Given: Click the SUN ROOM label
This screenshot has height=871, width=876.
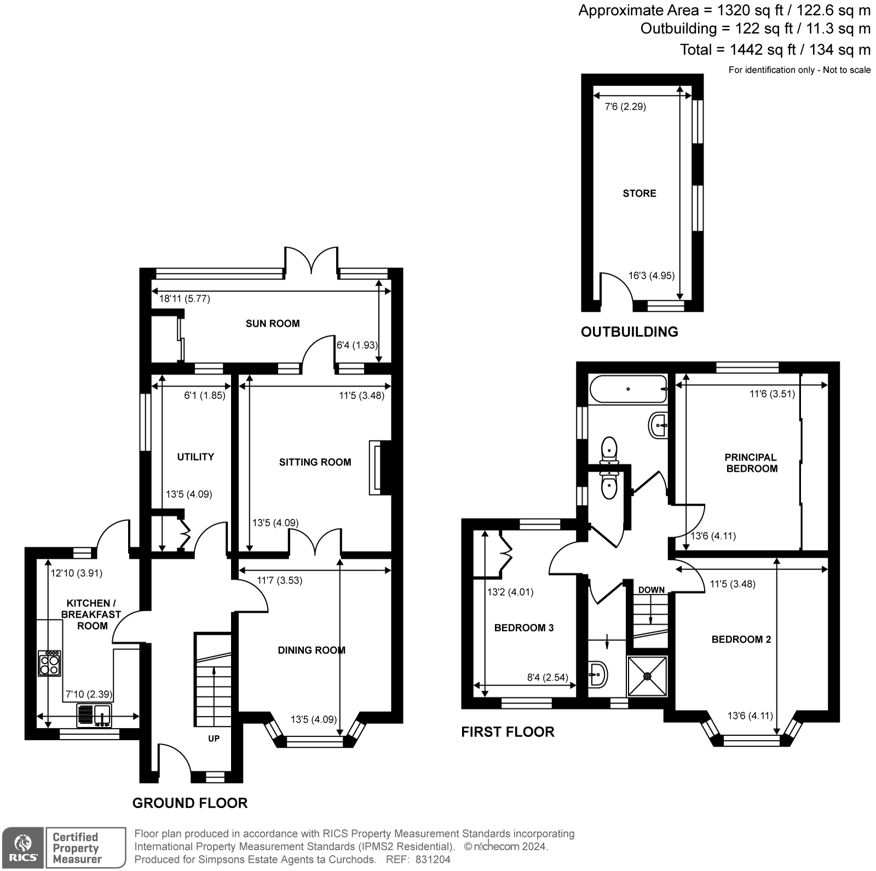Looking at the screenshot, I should coord(273,323).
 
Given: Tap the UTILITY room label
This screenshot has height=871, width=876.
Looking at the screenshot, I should coord(195,457).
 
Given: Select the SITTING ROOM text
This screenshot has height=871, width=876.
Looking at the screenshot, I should coord(315,462).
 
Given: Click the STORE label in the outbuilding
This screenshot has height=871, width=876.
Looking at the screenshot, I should coord(639,193).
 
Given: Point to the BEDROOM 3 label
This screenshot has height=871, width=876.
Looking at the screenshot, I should coord(524,628).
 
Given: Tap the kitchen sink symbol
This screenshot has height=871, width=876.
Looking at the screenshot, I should coord(94,715).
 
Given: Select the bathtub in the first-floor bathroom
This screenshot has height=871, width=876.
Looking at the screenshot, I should coord(628,389).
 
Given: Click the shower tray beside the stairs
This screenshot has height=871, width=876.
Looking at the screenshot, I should coord(648,676).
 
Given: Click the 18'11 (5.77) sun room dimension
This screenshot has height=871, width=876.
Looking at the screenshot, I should coord(184,299).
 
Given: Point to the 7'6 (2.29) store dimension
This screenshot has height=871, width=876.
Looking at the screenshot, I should coord(625,107).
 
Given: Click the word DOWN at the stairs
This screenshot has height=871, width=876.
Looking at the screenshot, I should coord(651,590).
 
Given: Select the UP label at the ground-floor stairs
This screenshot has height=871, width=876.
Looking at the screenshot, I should coord(214,739).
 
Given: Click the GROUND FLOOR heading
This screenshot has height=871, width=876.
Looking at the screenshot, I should coord(190,803).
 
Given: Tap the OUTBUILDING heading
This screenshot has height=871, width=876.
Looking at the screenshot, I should coord(629,332).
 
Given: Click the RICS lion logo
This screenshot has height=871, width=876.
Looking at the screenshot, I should coord(23,847).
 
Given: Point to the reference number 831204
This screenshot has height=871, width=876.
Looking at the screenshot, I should coord(433,860).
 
